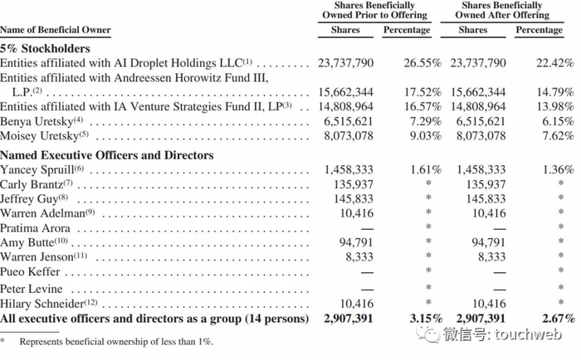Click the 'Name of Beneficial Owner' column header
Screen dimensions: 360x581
pyautogui.click(x=55, y=31)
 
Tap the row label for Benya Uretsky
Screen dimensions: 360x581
pyautogui.click(x=38, y=121)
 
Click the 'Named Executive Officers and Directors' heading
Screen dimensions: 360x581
pyautogui.click(x=107, y=155)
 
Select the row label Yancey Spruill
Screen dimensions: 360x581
pyautogui.click(x=38, y=169)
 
